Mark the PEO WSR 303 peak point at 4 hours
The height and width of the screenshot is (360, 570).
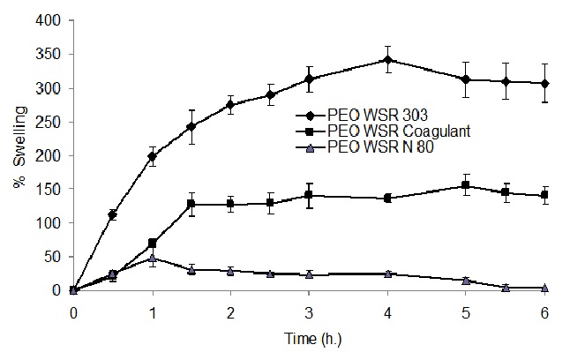pyautogui.click(x=387, y=60)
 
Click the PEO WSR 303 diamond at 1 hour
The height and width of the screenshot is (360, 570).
pyautogui.click(x=152, y=156)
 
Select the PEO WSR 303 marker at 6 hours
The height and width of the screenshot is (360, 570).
pyautogui.click(x=544, y=83)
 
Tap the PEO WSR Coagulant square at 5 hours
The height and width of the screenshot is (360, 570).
pyautogui.click(x=466, y=185)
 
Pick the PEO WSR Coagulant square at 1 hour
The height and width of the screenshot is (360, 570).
pyautogui.click(x=152, y=243)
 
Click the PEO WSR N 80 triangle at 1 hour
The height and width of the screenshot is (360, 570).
pyautogui.click(x=152, y=259)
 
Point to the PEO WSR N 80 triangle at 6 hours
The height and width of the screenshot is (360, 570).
pyautogui.click(x=544, y=288)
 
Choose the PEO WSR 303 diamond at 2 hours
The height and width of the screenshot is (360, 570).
pyautogui.click(x=230, y=105)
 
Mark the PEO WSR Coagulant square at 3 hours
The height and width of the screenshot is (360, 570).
pyautogui.click(x=309, y=195)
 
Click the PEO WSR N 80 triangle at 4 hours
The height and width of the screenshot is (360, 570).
pyautogui.click(x=387, y=274)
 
